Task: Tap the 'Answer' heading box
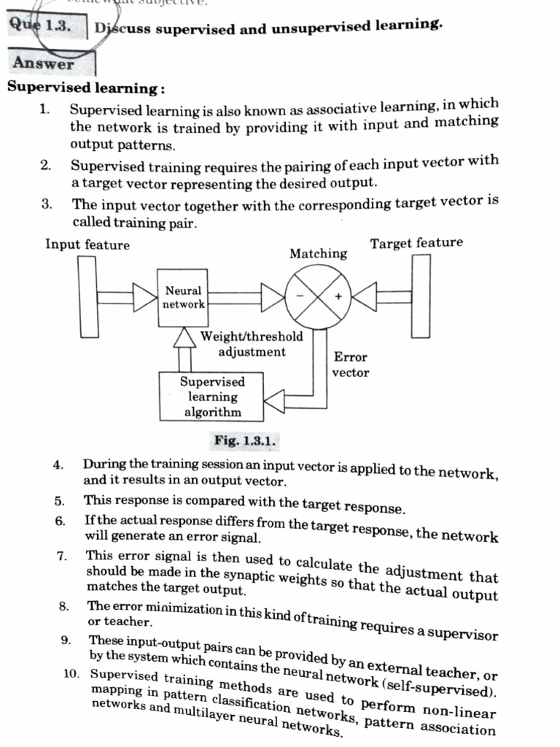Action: coord(44,63)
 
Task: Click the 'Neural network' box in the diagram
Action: coord(183,298)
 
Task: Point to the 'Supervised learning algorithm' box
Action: coord(212,397)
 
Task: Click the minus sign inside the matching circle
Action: coord(300,295)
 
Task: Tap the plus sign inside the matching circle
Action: coord(338,297)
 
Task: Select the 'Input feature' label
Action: coord(87,245)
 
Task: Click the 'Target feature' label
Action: coord(416,244)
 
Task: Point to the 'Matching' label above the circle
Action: coord(318,254)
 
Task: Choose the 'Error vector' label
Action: coord(350,365)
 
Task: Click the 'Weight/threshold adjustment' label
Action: coord(252,344)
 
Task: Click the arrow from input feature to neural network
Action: coord(125,298)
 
